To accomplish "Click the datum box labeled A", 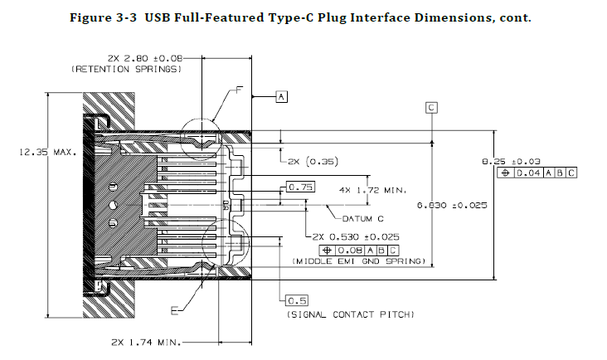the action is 281,96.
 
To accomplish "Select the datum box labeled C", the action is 431,108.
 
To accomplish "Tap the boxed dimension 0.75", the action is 300,187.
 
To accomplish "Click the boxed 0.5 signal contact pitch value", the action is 297,300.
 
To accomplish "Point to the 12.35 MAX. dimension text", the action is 48,152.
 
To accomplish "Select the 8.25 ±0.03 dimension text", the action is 511,162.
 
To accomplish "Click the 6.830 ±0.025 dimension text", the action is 452,205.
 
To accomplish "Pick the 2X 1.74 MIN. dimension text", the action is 146,343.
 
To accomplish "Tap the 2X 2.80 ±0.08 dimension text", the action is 145,58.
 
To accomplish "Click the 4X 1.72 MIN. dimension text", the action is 373,190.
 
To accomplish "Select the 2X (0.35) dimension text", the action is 313,161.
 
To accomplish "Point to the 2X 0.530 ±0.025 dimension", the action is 356,236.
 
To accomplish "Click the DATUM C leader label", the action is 363,219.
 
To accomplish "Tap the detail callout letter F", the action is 239,90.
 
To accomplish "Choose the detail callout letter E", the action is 175,310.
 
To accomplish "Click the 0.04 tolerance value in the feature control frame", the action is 529,173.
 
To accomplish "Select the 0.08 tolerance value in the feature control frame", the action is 350,251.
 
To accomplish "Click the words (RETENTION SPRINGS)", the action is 126,70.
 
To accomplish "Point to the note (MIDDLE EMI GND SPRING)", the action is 358,261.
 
